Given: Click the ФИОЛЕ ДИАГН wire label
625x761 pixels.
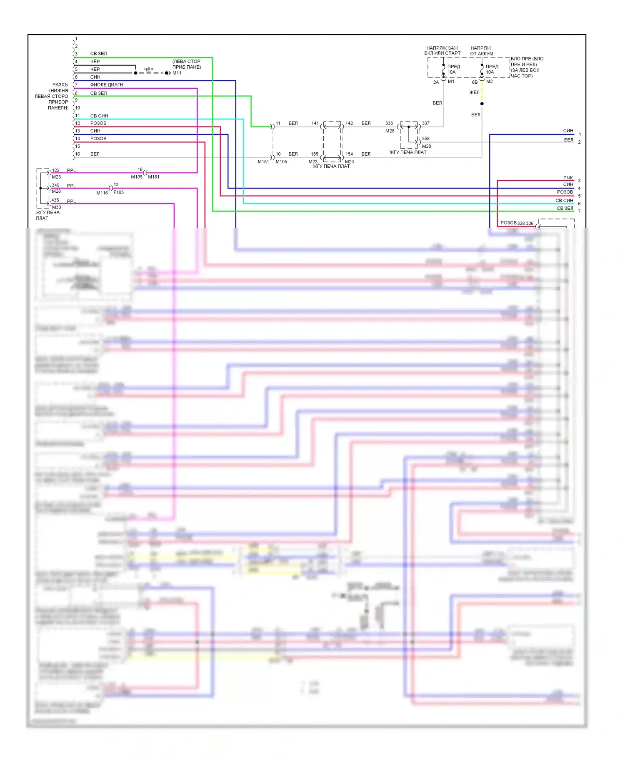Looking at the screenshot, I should [107, 85].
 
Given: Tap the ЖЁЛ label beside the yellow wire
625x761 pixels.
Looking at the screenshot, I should [474, 92].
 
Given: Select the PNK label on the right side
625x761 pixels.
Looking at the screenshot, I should [568, 178].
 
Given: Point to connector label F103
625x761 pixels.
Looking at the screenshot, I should [119, 192].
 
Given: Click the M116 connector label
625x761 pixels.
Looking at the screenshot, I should [102, 193].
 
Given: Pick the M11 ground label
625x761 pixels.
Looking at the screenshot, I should [177, 73].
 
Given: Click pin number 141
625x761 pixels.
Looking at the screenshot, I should [315, 123].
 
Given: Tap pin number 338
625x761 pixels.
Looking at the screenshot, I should [389, 123].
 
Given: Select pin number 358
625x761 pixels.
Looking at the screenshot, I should [425, 139].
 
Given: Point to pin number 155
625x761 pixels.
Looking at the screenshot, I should [315, 154].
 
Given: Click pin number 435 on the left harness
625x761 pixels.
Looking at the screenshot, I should [55, 200].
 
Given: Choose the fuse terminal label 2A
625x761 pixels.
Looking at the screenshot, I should [436, 82].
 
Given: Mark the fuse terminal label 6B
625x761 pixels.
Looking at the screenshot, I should [475, 82].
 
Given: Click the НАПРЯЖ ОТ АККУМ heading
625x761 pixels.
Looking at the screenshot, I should [481, 51].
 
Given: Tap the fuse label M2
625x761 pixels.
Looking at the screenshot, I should [489, 82].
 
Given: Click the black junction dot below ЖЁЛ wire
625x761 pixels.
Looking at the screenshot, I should [482, 104].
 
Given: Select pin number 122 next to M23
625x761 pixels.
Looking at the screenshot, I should [55, 170].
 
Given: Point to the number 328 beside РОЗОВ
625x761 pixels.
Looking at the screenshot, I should [521, 224].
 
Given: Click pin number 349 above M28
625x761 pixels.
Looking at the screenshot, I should [55, 185].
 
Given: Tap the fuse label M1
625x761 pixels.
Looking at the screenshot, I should [451, 82].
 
